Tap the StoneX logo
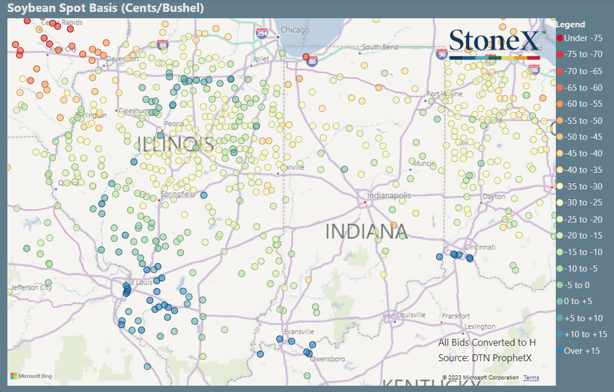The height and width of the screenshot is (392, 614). [x=494, y=43]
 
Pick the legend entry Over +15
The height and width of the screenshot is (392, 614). [x=581, y=351]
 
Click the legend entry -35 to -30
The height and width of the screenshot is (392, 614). [x=583, y=187]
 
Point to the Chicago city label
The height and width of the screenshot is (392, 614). [x=295, y=30]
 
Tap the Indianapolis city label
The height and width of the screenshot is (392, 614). [x=389, y=196]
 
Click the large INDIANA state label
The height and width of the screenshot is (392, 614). [x=367, y=232]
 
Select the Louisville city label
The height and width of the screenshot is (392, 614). [x=412, y=315]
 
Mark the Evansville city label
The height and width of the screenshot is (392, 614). [x=299, y=332]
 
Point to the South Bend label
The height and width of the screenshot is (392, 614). [x=380, y=47]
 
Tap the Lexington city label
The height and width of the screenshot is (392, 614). [x=480, y=326]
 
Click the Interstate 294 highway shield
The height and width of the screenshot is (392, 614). [x=262, y=34]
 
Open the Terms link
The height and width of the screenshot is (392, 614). [x=531, y=378]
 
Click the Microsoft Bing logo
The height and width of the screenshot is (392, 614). [x=31, y=377]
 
